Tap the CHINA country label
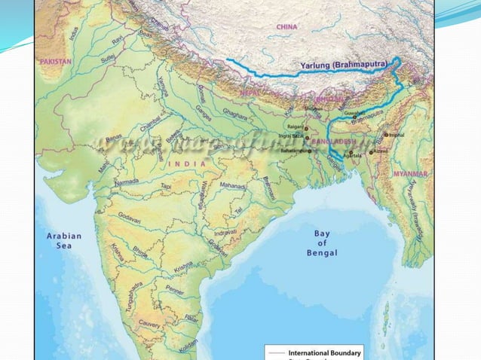pyautogui.click(x=286, y=26)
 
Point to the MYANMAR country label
pyautogui.click(x=411, y=174)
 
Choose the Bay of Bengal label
pyautogui.click(x=321, y=243)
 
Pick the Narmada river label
pyautogui.click(x=126, y=182)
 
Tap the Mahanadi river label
pyautogui.click(x=233, y=185)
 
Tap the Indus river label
pyautogui.click(x=73, y=33)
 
